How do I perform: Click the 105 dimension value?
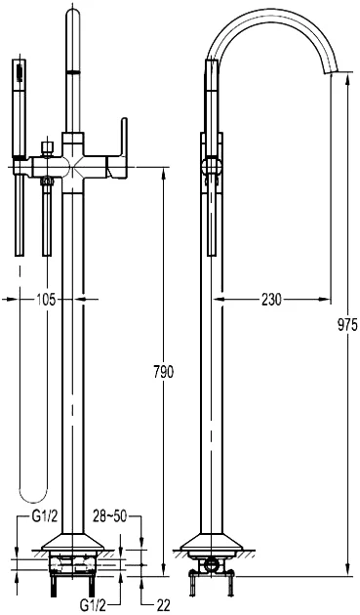tap(46, 300)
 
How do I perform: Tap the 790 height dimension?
tap(163, 372)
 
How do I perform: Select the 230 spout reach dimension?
tap(271, 300)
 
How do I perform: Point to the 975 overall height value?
tap(347, 325)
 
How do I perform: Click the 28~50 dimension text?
tap(110, 516)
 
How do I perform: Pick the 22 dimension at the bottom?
tap(163, 606)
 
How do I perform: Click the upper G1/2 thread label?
tap(45, 516)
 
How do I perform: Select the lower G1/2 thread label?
tap(93, 606)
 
